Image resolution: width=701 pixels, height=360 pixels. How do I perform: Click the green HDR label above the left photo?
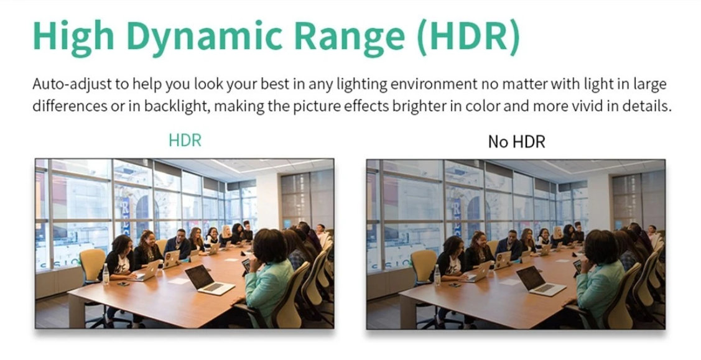[185, 141]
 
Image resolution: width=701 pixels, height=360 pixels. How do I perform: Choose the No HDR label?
[516, 142]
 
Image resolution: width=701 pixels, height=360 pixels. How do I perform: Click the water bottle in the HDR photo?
[106, 274]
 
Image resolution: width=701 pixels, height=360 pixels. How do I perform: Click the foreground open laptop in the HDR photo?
[209, 280]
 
